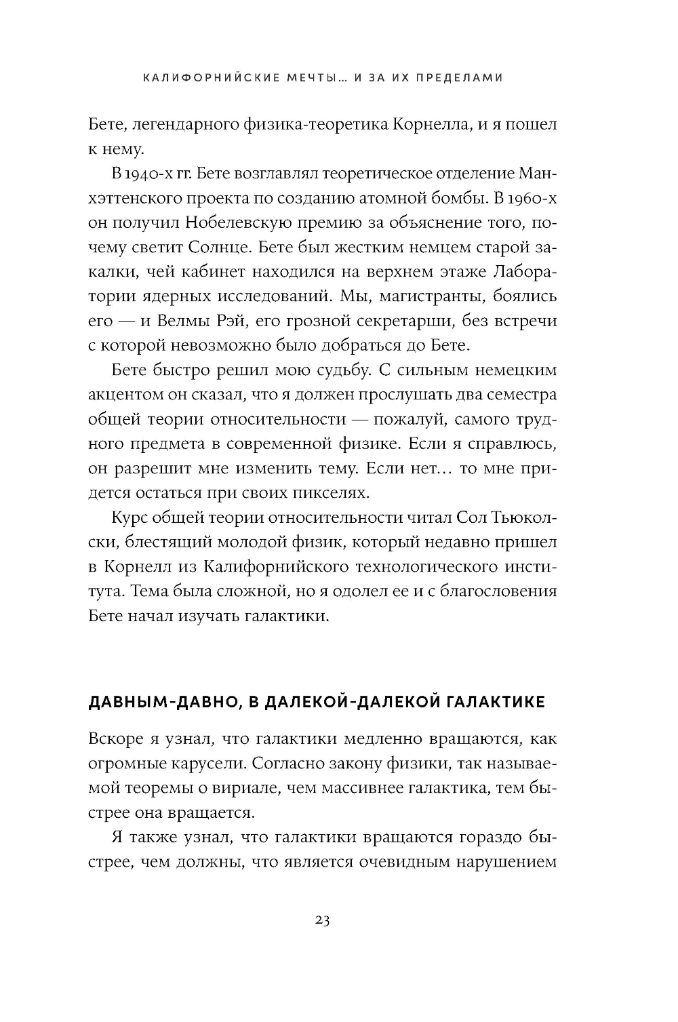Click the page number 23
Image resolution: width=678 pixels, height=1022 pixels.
(x=322, y=920)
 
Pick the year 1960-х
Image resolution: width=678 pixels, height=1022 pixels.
(x=531, y=198)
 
